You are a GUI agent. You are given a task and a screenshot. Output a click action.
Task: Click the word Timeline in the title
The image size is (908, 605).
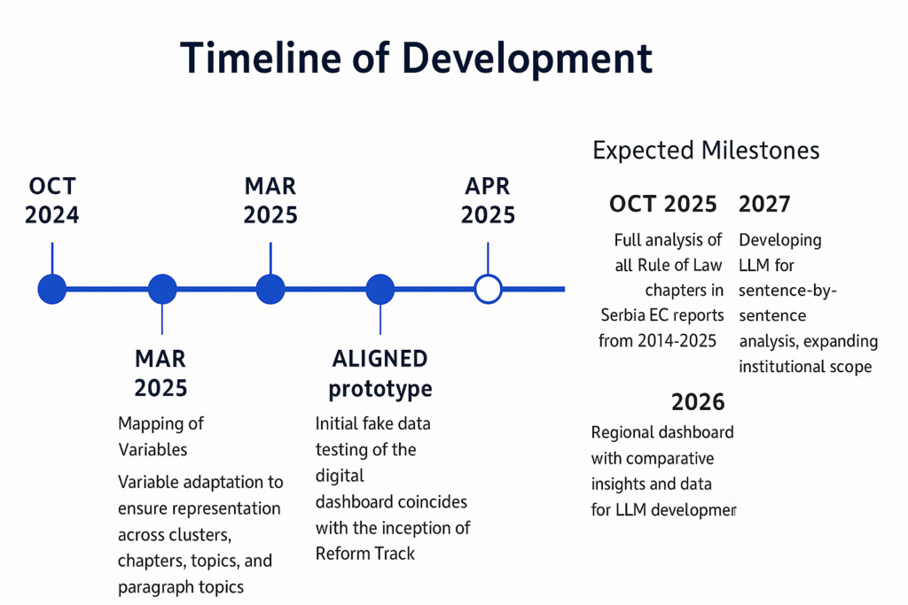pos(261,58)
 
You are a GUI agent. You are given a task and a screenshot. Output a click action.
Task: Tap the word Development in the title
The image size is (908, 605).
pos(527,59)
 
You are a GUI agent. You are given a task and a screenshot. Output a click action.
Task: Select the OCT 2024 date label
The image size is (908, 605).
pos(51,201)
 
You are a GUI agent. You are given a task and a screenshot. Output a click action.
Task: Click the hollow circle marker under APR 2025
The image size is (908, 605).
pos(489,289)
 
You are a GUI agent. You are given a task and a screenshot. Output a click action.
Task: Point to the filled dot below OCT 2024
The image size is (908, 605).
pos(52,289)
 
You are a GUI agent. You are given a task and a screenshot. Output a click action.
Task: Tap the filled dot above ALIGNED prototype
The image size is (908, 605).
pos(380,289)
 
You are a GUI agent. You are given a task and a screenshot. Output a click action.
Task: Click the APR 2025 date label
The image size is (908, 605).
pos(488,201)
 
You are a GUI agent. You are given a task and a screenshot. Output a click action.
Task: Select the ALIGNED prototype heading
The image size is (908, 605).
pos(380,374)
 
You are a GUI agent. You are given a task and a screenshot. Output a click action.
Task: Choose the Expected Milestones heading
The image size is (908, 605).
pos(706,151)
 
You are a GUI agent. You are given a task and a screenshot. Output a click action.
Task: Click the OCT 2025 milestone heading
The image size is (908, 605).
pos(663,204)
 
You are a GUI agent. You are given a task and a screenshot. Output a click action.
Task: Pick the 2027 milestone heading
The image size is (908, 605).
pos(764,204)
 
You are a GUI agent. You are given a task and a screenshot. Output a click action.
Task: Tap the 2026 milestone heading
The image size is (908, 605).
pos(698,402)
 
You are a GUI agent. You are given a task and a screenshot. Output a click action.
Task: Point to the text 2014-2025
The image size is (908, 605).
pos(677,341)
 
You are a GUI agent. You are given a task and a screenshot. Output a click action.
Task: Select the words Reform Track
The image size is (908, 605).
pos(364,554)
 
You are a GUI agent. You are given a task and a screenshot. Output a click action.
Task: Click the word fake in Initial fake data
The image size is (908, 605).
pos(380,423)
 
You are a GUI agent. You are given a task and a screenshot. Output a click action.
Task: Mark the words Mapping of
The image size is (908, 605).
pos(160,424)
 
